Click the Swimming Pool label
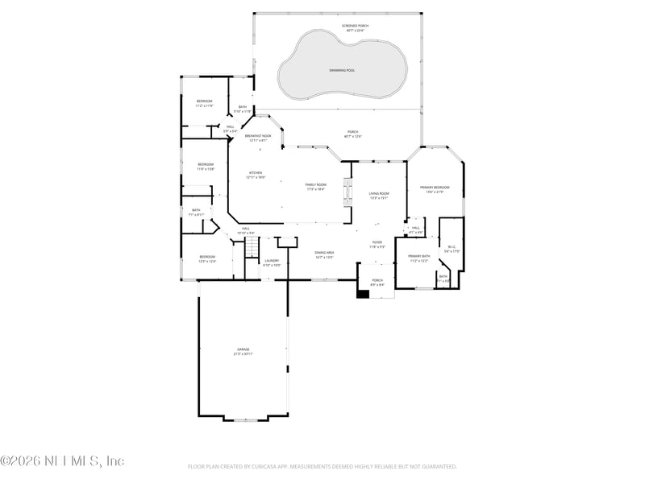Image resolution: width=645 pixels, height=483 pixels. pyautogui.click(x=342, y=71)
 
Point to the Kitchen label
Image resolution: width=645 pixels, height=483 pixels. pyautogui.click(x=255, y=172)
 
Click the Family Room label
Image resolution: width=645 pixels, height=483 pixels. pyautogui.click(x=315, y=185)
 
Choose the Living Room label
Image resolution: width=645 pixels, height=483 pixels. pyautogui.click(x=379, y=194)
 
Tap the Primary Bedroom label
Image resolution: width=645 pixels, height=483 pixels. pyautogui.click(x=435, y=188)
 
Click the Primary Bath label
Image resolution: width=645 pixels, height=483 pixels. pyautogui.click(x=419, y=256)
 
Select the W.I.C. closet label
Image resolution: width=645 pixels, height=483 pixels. pyautogui.click(x=452, y=247)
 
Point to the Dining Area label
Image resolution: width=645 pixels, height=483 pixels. pyautogui.click(x=324, y=253)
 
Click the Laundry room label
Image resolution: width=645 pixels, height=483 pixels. pyautogui.click(x=272, y=260)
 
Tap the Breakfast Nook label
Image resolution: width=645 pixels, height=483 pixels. pyautogui.click(x=258, y=136)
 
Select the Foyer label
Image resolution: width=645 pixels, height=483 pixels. pyautogui.click(x=377, y=242)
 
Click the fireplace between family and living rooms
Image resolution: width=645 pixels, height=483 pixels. pyautogui.click(x=347, y=193)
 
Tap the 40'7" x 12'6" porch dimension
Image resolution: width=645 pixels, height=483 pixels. pyautogui.click(x=353, y=137)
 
